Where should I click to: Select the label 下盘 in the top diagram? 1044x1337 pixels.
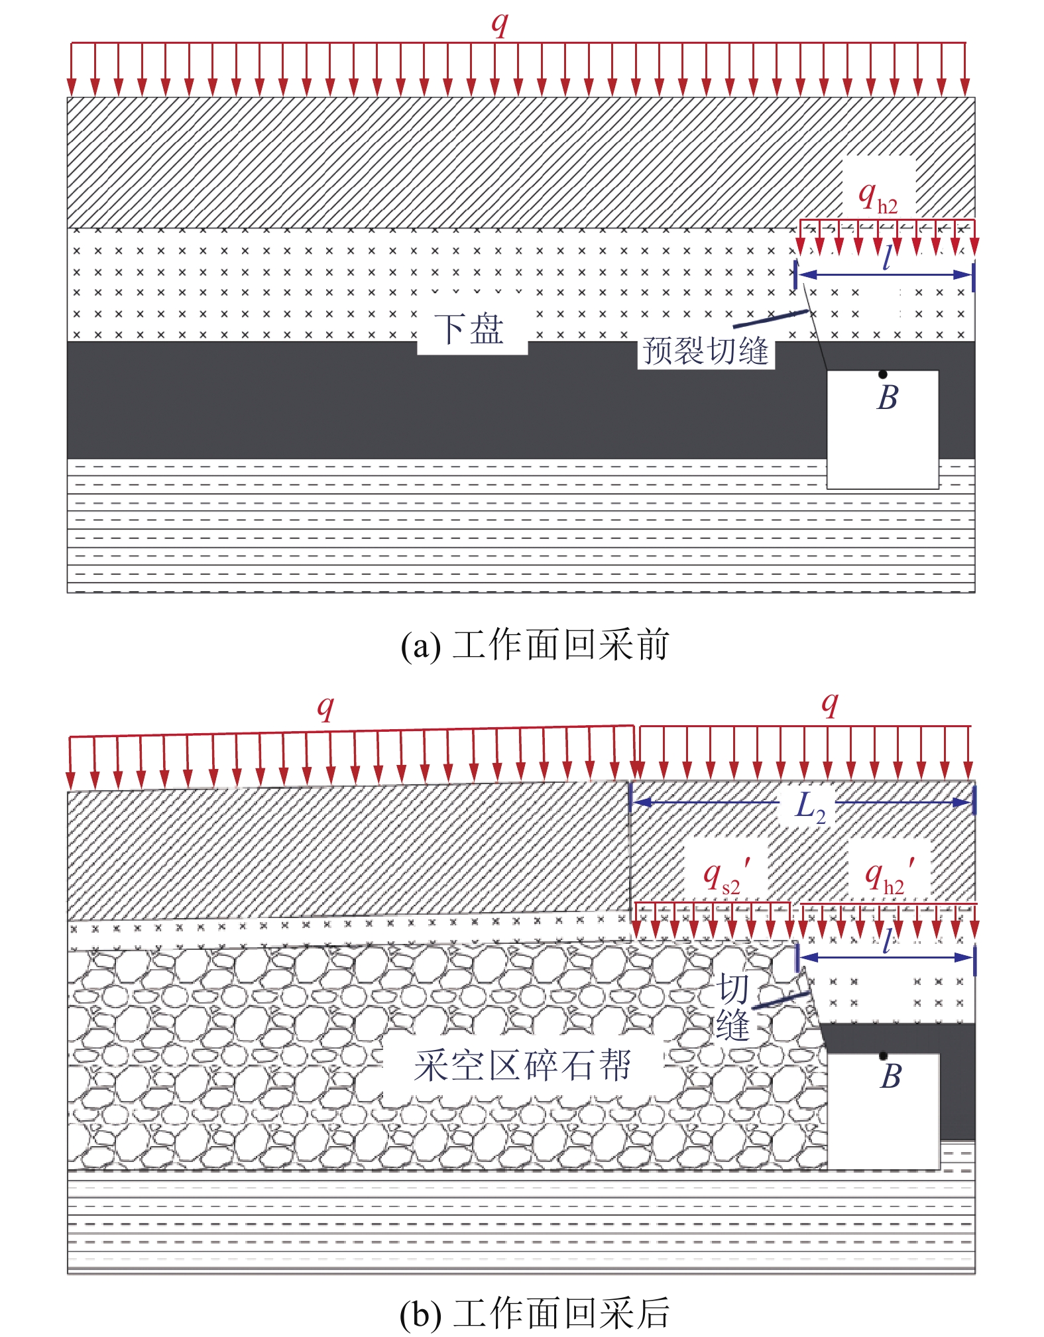tap(469, 329)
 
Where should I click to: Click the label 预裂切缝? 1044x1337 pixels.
tap(706, 351)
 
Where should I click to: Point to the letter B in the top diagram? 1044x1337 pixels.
tap(888, 398)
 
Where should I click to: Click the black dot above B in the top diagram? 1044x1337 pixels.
tap(883, 375)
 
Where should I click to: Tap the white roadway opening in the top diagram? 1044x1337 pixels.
tap(882, 430)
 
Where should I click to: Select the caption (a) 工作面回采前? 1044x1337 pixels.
tap(535, 645)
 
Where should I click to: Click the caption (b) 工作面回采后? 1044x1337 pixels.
tap(535, 1313)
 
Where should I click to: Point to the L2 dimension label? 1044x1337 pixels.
tap(811, 807)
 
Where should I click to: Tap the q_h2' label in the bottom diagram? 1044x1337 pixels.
tap(890, 876)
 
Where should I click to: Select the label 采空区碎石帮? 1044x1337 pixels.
tap(522, 1066)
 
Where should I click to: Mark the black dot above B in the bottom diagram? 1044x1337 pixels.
tap(883, 1056)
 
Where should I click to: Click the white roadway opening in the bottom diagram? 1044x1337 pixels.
tap(884, 1112)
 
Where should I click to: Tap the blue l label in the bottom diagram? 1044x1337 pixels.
tap(888, 941)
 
